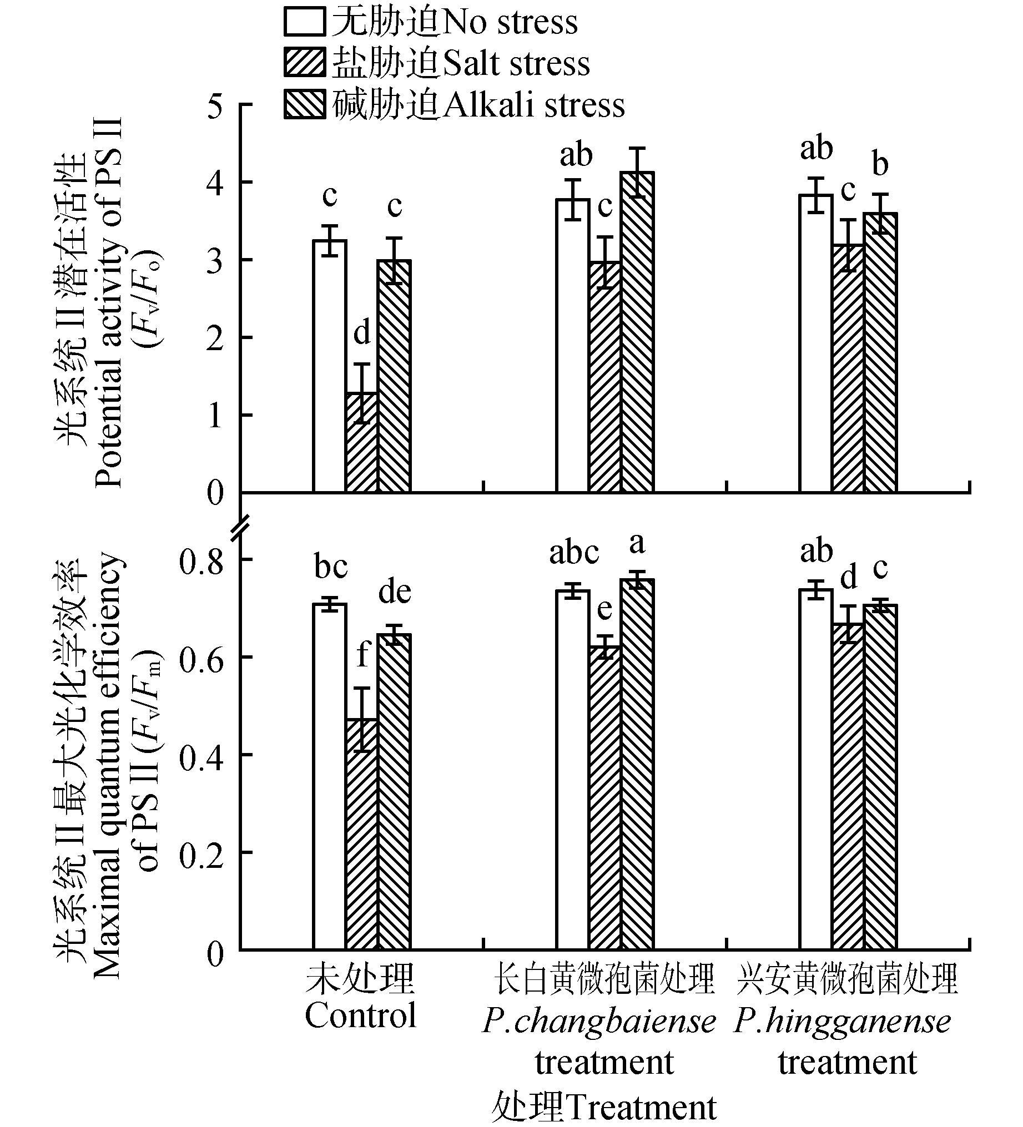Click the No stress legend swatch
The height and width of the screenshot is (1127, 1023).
pyautogui.click(x=304, y=23)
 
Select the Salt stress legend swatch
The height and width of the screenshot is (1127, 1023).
pyautogui.click(x=304, y=63)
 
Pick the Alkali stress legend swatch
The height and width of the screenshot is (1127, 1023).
pyautogui.click(x=304, y=104)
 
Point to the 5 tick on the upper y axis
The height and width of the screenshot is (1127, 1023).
pyautogui.click(x=215, y=106)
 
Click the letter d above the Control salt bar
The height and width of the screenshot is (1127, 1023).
pyautogui.click(x=362, y=333)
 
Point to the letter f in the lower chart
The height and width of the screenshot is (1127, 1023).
pyautogui.click(x=362, y=654)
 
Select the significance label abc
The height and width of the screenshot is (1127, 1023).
pyautogui.click(x=574, y=553)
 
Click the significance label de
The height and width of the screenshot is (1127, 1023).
pyautogui.click(x=394, y=592)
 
